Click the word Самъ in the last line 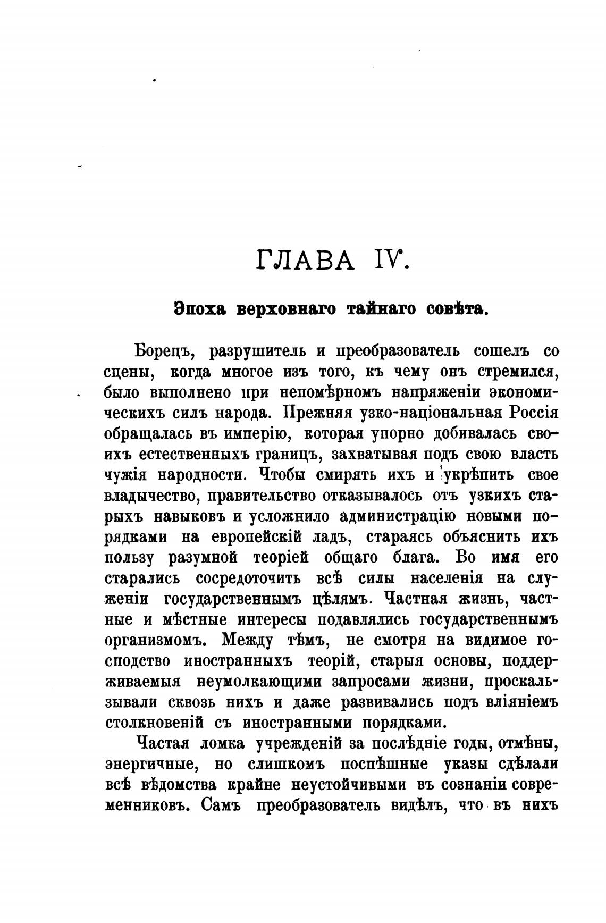click(x=222, y=807)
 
